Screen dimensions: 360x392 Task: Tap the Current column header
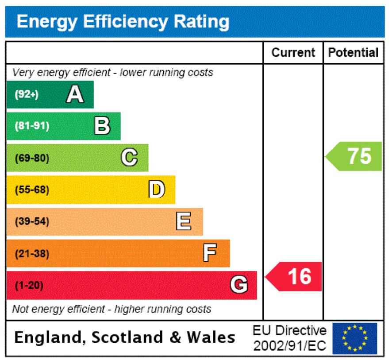point(293,53)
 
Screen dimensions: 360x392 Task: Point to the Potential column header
point(353,53)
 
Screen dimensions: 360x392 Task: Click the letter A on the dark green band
point(75,94)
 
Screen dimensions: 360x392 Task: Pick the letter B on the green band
point(102,126)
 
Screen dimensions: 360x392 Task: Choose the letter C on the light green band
point(129,158)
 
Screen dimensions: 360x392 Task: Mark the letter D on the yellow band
point(157,190)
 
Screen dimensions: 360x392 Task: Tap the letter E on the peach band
point(184,221)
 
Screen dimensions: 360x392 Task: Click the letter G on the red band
point(239,285)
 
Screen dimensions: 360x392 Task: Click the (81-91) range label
point(32,126)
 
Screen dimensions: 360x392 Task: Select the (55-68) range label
point(32,190)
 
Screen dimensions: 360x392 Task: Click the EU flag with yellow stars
point(354,338)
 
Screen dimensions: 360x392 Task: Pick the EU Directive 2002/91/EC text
point(289,338)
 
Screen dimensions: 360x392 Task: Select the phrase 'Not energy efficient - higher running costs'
point(111,309)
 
